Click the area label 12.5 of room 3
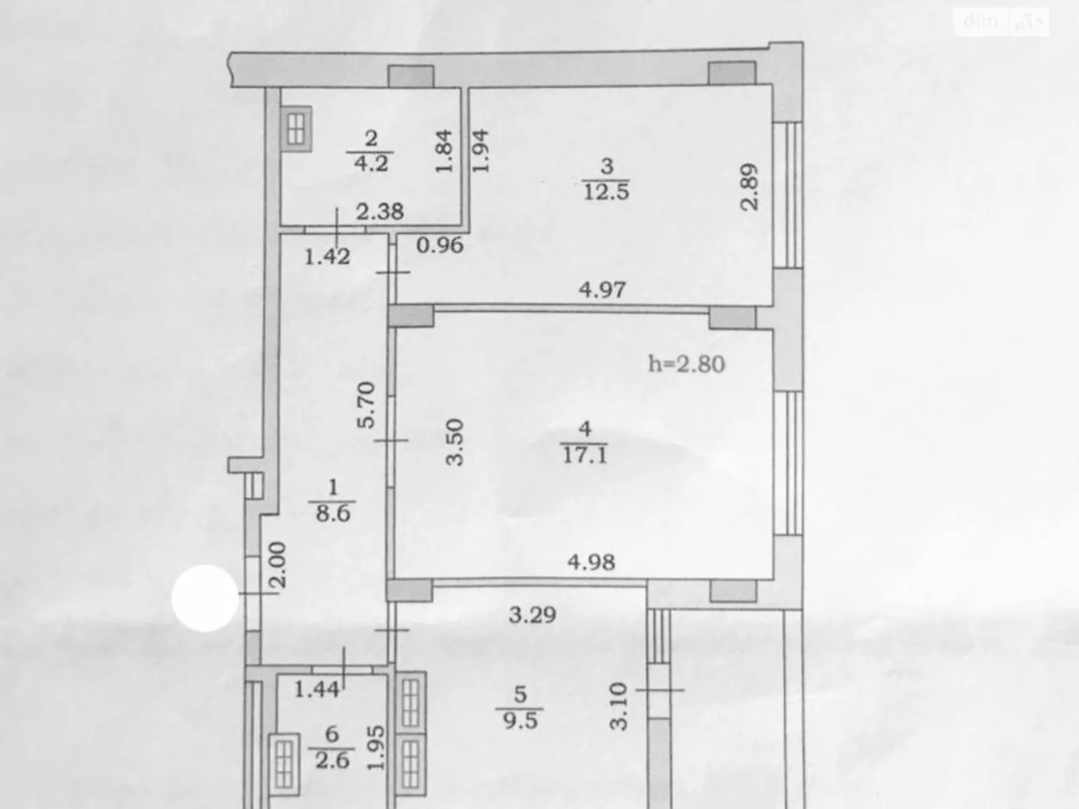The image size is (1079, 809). pos(606,192)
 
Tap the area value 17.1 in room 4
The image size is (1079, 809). pos(585,456)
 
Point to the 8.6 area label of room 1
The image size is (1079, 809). pos(332,514)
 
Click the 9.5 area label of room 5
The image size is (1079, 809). pos(520,720)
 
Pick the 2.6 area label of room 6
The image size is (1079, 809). pos(332,760)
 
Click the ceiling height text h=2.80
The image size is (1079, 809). pos(687,365)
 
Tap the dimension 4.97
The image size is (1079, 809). pos(602,291)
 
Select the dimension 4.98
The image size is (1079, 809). pos(591,562)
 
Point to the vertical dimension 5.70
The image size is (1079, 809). pos(366,405)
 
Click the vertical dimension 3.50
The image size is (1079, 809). pos(456,442)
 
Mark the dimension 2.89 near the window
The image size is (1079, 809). pos(749,187)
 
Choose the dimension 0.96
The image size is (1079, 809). pos(440,245)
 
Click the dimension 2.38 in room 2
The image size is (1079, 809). pos(380,212)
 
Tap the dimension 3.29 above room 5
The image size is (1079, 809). pos(532,614)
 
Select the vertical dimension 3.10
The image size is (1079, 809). pos(618,706)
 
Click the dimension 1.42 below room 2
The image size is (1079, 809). pos(327,256)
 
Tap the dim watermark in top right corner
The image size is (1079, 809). pos(1003,22)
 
